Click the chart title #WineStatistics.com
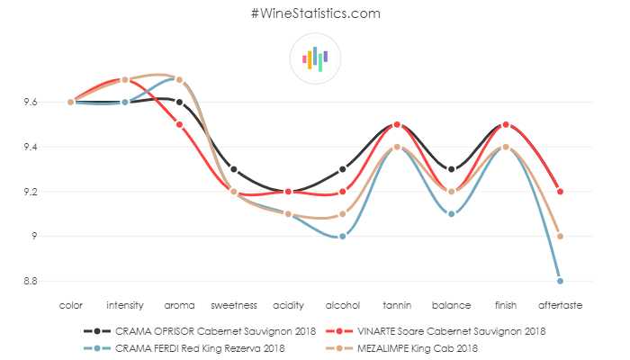click(x=315, y=14)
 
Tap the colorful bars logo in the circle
click(x=315, y=58)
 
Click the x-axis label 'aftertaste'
click(x=560, y=305)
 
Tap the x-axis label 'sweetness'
click(x=234, y=305)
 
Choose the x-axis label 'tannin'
click(x=397, y=305)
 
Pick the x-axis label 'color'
click(x=70, y=305)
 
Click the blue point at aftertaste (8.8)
click(x=560, y=281)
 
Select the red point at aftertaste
click(x=560, y=192)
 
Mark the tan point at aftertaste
click(x=560, y=236)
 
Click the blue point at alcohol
click(x=343, y=236)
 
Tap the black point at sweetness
click(x=234, y=169)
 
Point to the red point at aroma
click(x=180, y=124)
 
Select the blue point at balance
click(x=451, y=213)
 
